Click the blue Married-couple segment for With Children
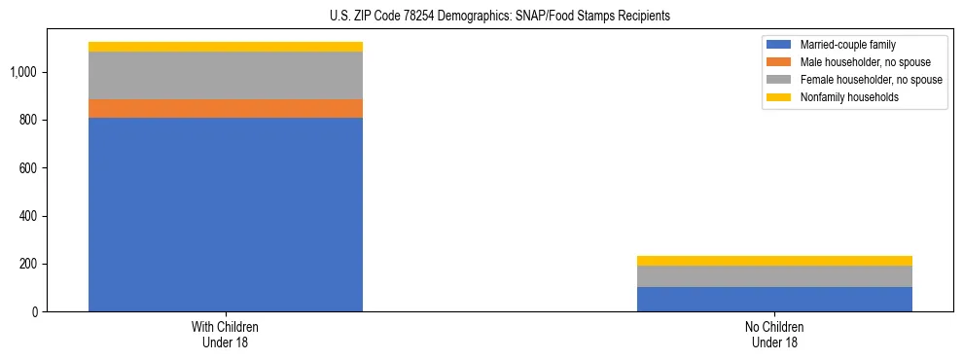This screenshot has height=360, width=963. point(226,214)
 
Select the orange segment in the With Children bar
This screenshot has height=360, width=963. point(226,108)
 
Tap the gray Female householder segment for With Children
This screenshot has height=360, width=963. point(226,75)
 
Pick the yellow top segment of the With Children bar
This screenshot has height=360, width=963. point(226,47)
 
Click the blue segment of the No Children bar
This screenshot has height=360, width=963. point(774,299)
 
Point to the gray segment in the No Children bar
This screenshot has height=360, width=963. point(774,276)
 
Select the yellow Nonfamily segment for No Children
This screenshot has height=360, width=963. point(774,261)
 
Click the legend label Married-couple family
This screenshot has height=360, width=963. point(848,45)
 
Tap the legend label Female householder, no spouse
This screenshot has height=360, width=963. point(871,80)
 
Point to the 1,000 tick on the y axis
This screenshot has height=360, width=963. point(23,72)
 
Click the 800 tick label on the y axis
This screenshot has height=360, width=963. point(27,120)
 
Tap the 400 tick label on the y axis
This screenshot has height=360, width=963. point(27,216)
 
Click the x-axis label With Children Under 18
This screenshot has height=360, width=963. point(226,334)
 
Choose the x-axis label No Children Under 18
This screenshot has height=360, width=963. point(774,334)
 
